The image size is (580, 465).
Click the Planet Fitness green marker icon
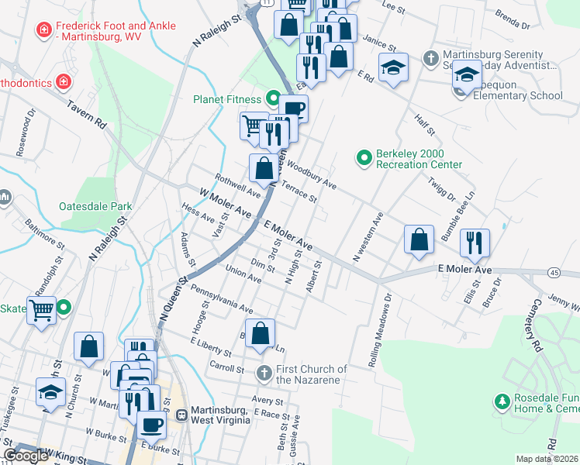tap(272, 98)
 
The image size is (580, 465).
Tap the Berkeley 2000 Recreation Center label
tap(419, 159)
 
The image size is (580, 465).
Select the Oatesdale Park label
tap(95, 207)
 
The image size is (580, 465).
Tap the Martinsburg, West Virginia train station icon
tap(182, 414)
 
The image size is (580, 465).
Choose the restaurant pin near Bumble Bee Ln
tap(473, 242)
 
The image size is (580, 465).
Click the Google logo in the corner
tap(26, 456)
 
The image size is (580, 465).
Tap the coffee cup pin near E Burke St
tap(151, 423)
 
